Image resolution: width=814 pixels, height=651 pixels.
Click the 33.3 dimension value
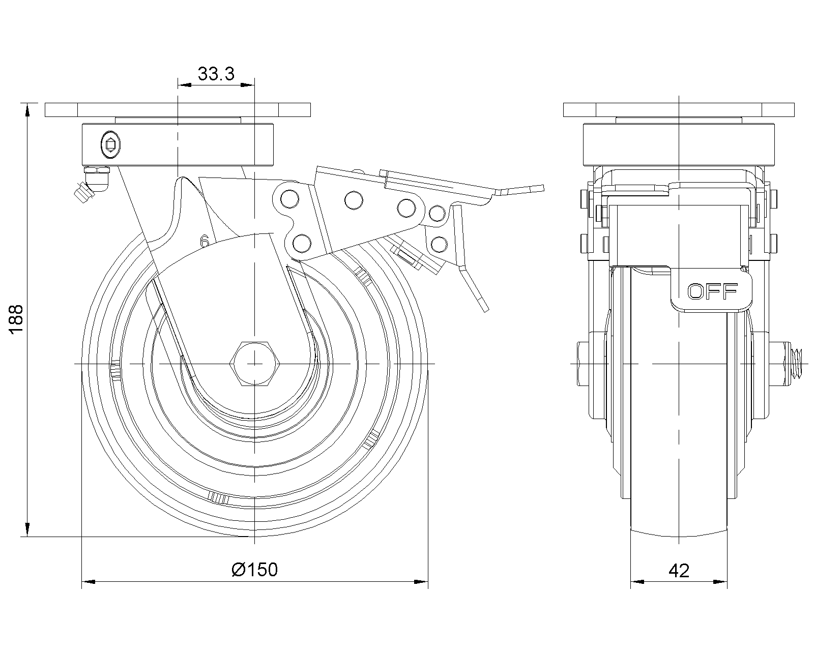(x=216, y=74)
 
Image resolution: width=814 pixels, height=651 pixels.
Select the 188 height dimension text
(x=16, y=319)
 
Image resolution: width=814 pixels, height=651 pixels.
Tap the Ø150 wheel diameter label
(x=254, y=569)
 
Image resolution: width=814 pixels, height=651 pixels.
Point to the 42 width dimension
(x=679, y=571)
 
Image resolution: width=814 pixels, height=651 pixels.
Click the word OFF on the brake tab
(x=712, y=291)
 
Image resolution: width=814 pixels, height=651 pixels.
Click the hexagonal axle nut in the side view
(x=254, y=364)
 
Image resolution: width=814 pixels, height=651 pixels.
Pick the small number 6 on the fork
(x=205, y=241)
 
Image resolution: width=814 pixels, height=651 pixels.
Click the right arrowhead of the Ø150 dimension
(x=422, y=581)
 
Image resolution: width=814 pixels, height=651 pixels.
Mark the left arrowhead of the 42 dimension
(x=636, y=581)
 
